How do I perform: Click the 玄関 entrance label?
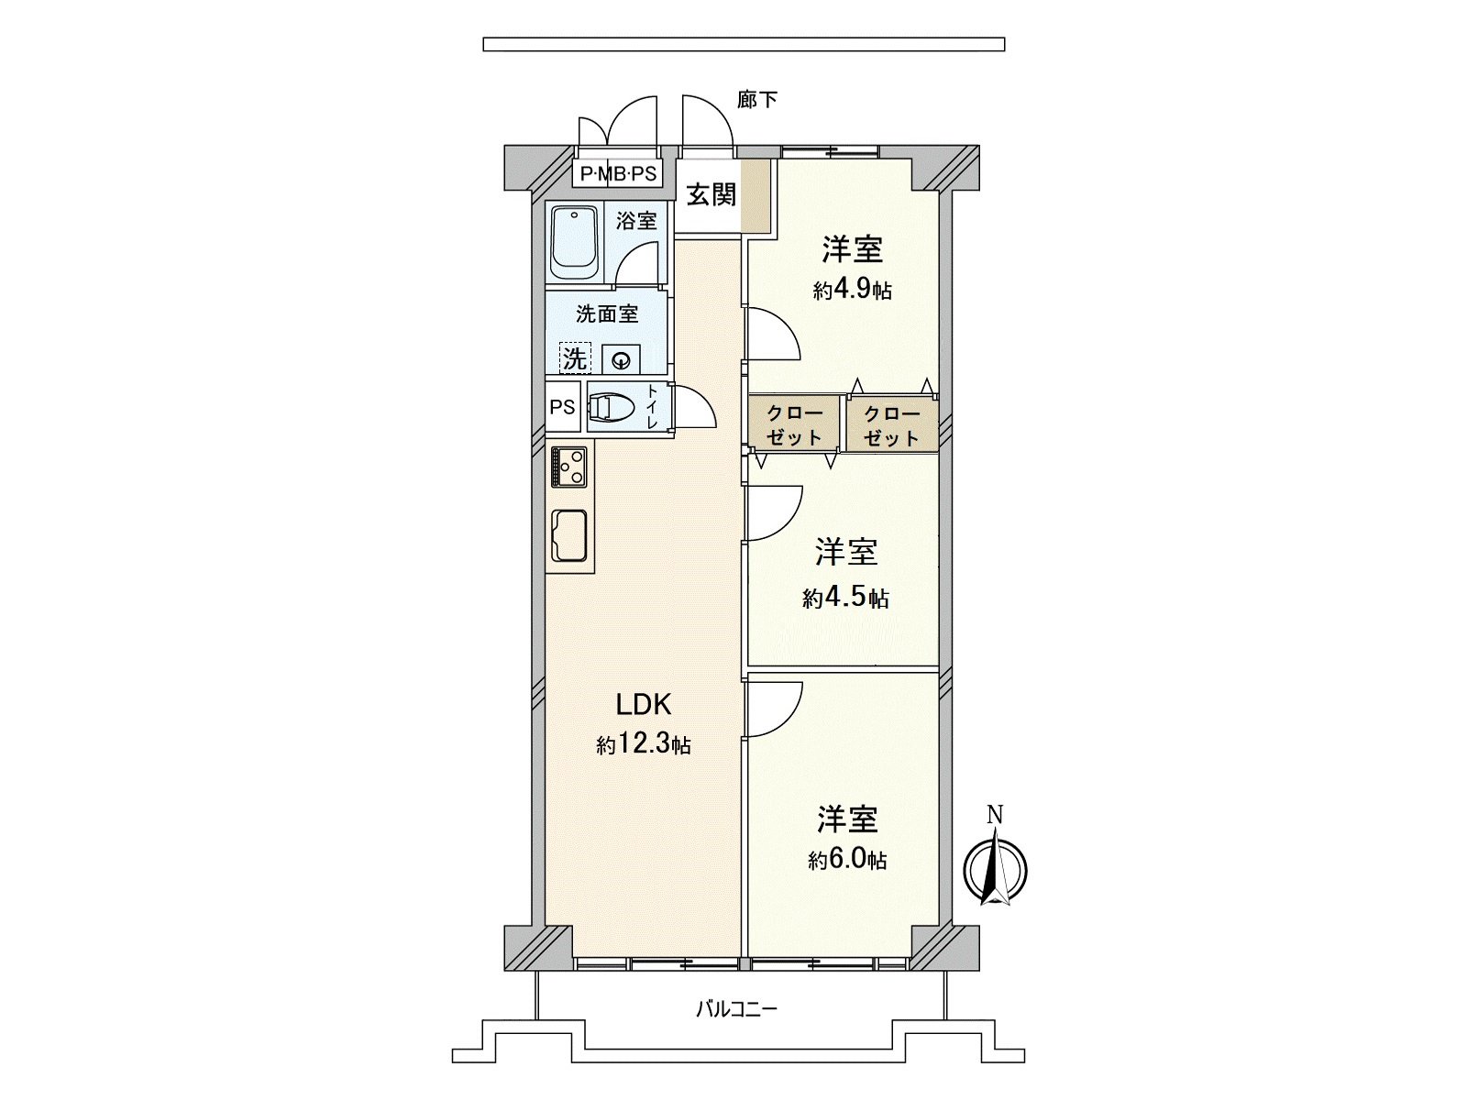pos(711,194)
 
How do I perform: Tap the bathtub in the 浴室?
pos(574,242)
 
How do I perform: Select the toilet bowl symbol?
pos(610,407)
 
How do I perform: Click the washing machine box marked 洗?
pos(575,358)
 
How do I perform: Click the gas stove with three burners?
pos(569,467)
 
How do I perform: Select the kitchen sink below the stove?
pos(569,534)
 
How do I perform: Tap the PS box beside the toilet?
pos(563,407)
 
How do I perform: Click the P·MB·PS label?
pos(618,174)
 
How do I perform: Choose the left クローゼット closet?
pos(794,424)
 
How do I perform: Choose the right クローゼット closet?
pos(891,424)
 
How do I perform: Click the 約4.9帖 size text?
pos(852,291)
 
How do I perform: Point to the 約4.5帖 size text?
pos(845,598)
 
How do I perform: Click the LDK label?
pos(644,704)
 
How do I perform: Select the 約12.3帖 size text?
pos(644,744)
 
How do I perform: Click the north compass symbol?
pos(995,867)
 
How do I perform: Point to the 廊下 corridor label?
pos(757,100)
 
